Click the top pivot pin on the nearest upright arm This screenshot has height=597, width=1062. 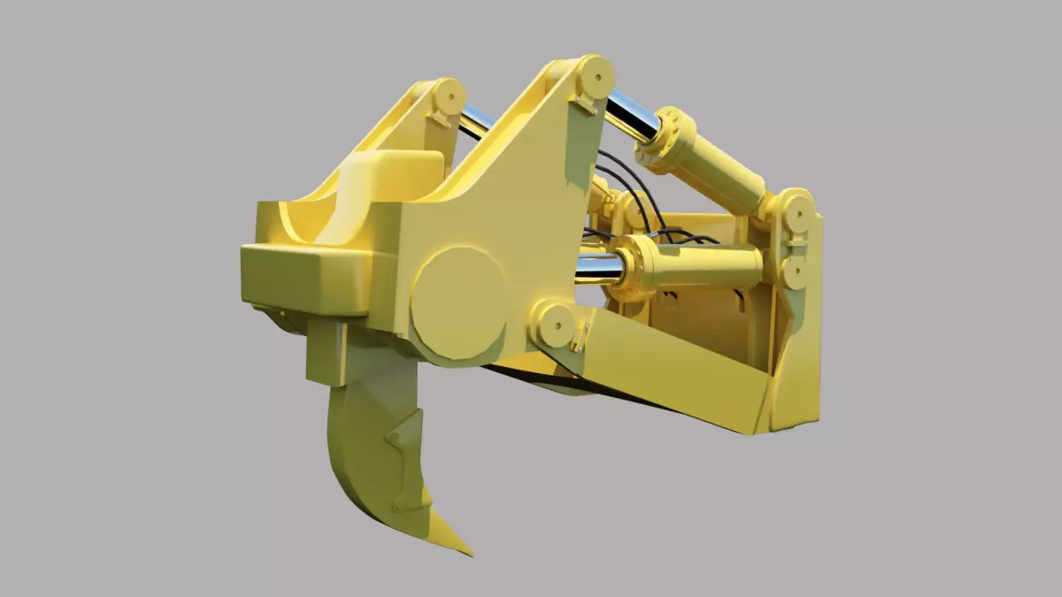click(594, 76)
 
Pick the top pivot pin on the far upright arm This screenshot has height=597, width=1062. click(449, 94)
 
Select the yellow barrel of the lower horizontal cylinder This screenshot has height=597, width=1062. click(708, 265)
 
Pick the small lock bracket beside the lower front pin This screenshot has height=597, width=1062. click(581, 337)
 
